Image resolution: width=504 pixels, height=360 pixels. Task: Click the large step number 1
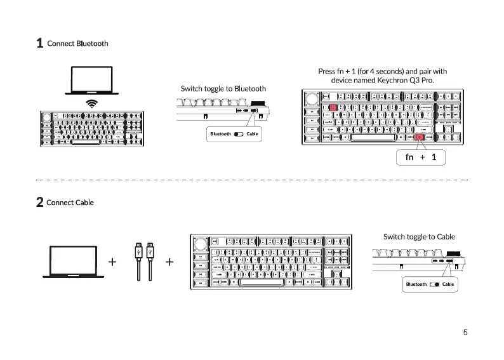[39, 44]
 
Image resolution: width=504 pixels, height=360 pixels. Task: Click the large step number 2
[39, 203]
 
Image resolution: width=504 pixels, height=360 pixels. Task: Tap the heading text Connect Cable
[70, 203]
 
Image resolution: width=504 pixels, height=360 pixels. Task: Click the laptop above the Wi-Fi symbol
[91, 81]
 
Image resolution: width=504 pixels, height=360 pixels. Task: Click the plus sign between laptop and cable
[112, 262]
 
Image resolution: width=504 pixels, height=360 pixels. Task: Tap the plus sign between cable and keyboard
[169, 262]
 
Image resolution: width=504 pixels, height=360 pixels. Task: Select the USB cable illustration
[143, 260]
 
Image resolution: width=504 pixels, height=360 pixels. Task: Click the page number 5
[465, 332]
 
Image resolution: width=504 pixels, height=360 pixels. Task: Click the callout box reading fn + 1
[421, 156]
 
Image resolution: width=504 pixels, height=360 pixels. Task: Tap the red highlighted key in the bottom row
[419, 138]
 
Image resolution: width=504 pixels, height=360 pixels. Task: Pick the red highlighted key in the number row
[333, 108]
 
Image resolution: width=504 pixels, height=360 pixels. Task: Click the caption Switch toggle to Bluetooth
[223, 88]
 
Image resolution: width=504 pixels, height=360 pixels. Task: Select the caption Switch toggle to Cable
[419, 237]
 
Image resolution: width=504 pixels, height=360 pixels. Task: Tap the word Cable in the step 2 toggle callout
[448, 284]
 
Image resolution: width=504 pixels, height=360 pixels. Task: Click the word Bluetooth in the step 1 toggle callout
[221, 134]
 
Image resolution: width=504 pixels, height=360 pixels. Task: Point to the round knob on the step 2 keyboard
[200, 243]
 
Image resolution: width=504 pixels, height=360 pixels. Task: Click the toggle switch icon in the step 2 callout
[434, 284]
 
